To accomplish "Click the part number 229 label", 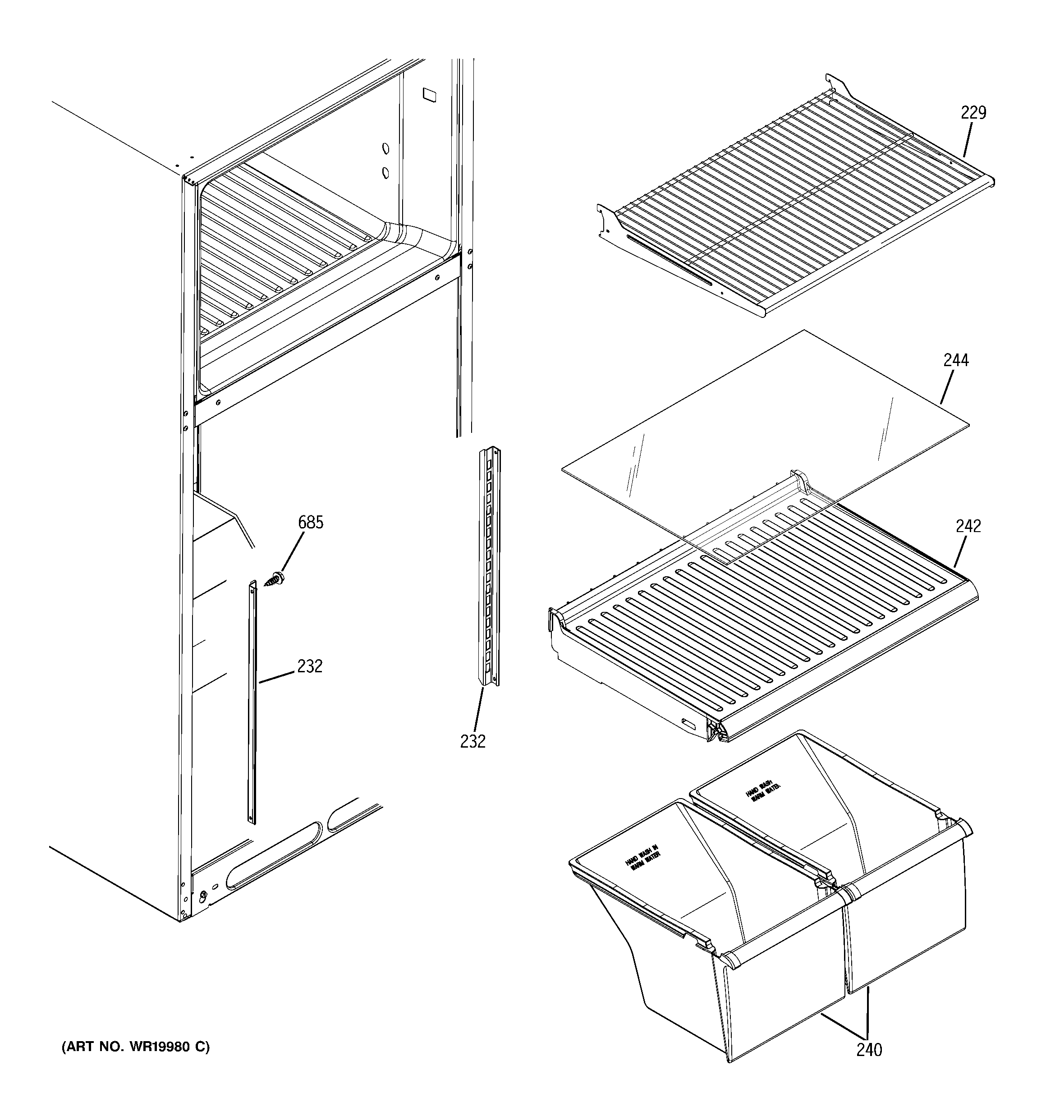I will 973,113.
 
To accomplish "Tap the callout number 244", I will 956,360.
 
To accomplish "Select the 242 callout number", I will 968,526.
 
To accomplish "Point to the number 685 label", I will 311,523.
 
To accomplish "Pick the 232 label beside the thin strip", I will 310,666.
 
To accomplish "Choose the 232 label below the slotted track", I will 473,742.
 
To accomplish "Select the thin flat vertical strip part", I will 252,702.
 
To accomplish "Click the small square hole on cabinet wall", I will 429,94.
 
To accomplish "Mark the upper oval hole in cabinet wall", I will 385,149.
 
